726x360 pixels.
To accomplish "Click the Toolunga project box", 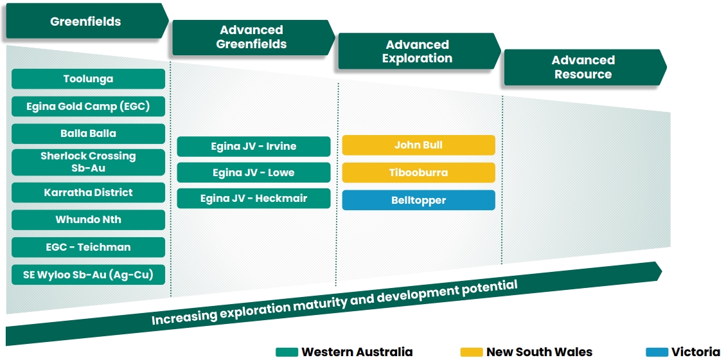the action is click(x=88, y=79).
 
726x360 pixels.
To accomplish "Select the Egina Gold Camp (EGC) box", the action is click(x=88, y=106).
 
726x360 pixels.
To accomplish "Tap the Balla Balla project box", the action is click(x=88, y=134).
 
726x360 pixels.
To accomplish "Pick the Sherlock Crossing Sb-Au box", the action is click(x=88, y=162).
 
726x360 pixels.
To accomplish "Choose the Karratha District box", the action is click(x=88, y=192).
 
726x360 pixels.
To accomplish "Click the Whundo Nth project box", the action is click(x=88, y=220).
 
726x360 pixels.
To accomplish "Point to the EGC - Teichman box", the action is click(x=88, y=247).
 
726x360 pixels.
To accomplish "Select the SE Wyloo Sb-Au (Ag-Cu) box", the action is click(x=88, y=274).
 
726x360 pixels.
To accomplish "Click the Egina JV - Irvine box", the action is click(x=254, y=147).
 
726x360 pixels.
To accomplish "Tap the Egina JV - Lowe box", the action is click(x=254, y=172).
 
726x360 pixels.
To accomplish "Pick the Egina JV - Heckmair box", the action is click(x=254, y=198).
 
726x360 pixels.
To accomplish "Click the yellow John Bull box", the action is click(x=418, y=145).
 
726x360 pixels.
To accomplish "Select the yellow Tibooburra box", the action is click(x=418, y=173).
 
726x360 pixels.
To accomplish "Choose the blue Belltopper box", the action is click(x=418, y=200).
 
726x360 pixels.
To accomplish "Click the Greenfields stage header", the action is click(x=87, y=21).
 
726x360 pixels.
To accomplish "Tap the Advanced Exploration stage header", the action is click(x=420, y=51).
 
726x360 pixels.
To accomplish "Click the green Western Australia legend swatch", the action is click(x=287, y=352).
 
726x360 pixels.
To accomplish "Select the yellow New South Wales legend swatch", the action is click(x=472, y=352).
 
